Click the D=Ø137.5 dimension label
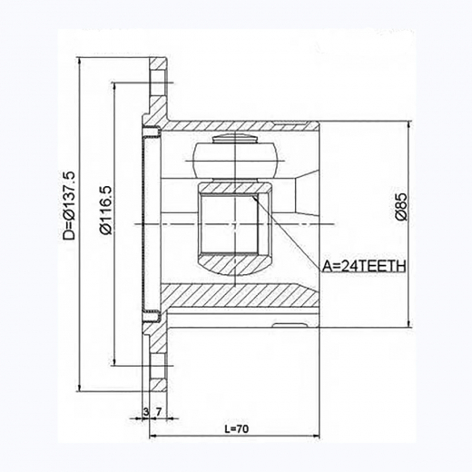tap(69, 205)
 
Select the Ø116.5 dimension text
tap(106, 210)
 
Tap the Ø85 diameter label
tap(401, 207)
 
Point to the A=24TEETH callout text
tap(364, 266)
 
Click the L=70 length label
tap(237, 428)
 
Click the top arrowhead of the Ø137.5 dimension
tap(80, 61)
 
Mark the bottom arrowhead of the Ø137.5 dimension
tap(80, 387)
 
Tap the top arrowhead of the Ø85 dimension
tap(409, 125)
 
